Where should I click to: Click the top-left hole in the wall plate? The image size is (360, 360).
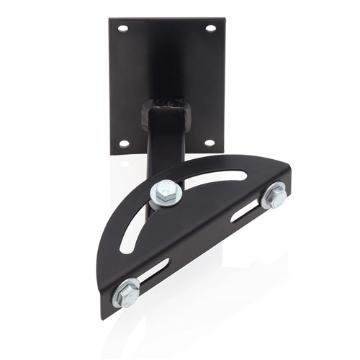click(x=123, y=29)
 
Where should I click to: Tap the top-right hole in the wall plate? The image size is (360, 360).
click(x=210, y=29)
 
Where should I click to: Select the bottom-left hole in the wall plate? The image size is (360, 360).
click(x=124, y=143)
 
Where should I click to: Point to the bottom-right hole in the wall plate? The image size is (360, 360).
click(x=209, y=143)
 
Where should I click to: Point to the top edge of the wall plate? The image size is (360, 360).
click(x=167, y=19)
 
